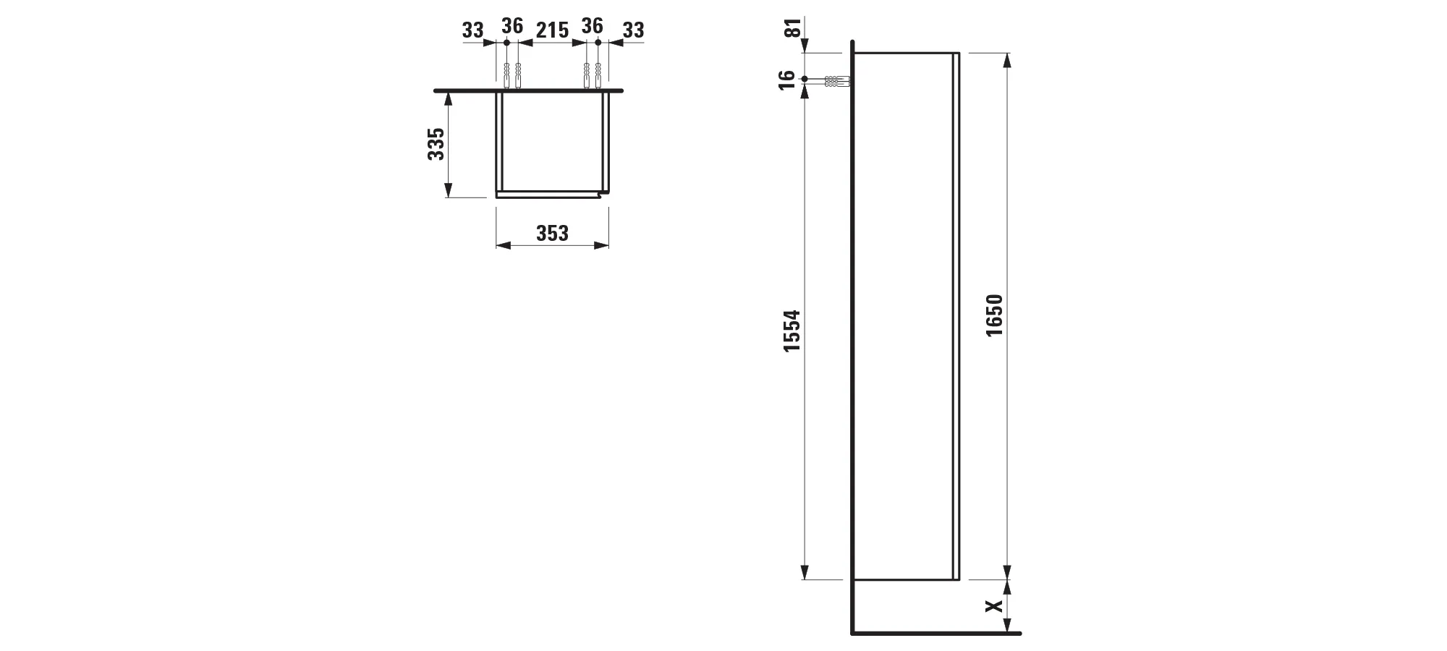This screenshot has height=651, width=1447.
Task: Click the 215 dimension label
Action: click(552, 30)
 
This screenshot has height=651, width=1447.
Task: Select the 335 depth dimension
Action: click(436, 144)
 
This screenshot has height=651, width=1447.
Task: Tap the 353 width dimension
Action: click(552, 233)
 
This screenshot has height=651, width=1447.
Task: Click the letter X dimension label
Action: click(996, 605)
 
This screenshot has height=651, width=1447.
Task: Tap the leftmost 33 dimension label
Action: click(472, 30)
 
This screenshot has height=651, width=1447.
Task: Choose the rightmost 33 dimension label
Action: click(633, 30)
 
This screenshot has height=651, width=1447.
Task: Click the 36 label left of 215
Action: click(512, 26)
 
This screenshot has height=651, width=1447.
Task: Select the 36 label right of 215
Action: click(592, 26)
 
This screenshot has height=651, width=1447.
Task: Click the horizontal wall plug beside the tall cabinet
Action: click(836, 81)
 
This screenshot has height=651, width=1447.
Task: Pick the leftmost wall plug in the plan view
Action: click(506, 75)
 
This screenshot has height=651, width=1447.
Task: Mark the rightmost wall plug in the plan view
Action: click(598, 75)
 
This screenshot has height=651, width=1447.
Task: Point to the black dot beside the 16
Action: click(805, 78)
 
